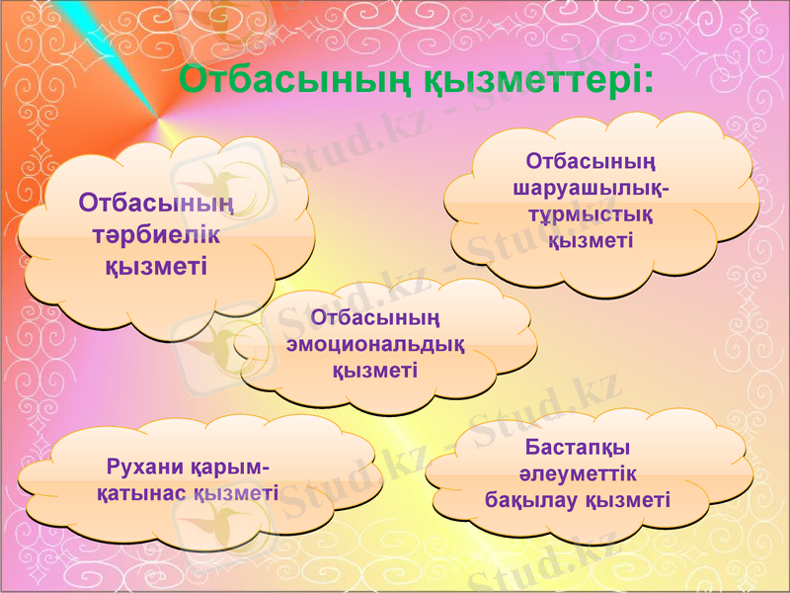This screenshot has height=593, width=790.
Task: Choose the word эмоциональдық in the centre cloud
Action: [375, 344]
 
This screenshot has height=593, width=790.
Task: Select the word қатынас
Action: [139, 492]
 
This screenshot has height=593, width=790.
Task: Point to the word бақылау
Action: [533, 500]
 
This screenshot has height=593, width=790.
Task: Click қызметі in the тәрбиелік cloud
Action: [156, 265]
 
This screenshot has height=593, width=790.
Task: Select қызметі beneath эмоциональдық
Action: [375, 370]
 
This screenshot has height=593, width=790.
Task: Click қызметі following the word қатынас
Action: [236, 492]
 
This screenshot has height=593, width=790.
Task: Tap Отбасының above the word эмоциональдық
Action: [375, 317]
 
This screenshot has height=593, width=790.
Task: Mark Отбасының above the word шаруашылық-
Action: [592, 160]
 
